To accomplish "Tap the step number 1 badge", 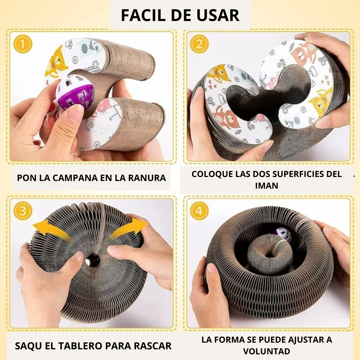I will [23, 44].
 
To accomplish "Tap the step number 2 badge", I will [199, 44].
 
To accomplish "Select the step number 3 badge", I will [23, 211].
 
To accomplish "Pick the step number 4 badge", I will [199, 211].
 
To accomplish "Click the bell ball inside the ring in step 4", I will [283, 235].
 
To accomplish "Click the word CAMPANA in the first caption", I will [69, 178].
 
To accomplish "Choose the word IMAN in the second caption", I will [267, 186].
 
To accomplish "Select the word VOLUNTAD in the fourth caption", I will [267, 351].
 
